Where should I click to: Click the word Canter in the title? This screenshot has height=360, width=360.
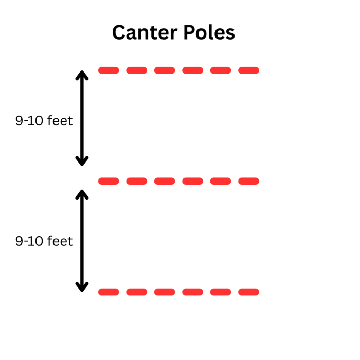[141, 33]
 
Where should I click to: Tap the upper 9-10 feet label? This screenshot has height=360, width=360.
[44, 121]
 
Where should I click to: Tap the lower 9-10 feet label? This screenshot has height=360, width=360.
[44, 241]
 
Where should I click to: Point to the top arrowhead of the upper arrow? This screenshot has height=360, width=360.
[82, 75]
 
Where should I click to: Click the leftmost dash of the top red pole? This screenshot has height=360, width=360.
[109, 70]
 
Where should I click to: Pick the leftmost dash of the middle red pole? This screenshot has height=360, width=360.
[109, 181]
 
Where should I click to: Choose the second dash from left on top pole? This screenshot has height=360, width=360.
[136, 70]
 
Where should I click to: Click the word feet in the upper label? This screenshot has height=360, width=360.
[60, 121]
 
